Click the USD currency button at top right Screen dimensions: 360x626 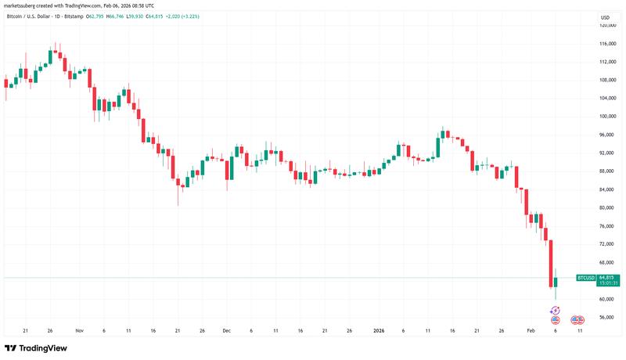pyautogui.click(x=605, y=17)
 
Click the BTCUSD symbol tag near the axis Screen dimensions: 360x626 pyautogui.click(x=585, y=278)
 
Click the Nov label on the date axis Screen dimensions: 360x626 pyautogui.click(x=78, y=331)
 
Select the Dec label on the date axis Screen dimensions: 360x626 pyautogui.click(x=227, y=331)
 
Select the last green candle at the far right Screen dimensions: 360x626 pyautogui.click(x=556, y=283)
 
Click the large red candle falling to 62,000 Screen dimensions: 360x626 pyautogui.click(x=551, y=263)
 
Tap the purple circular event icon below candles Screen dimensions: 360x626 pyautogui.click(x=555, y=311)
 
